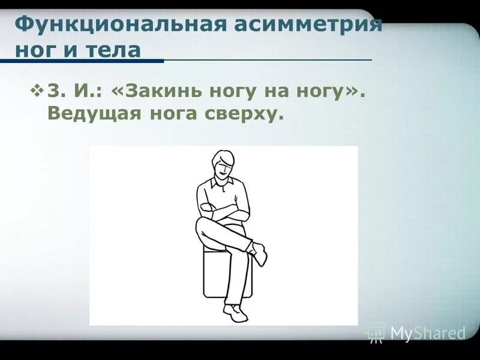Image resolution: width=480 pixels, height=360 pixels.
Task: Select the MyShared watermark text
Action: coord(427,332)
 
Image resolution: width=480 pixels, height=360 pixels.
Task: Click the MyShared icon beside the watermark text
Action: coord(376,332)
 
